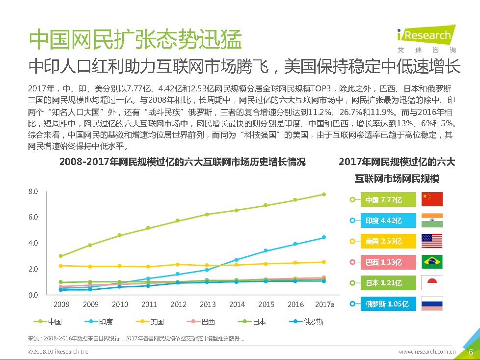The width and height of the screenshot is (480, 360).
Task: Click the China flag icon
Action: pyautogui.click(x=432, y=199)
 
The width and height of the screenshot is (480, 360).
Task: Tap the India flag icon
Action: pyautogui.click(x=432, y=220)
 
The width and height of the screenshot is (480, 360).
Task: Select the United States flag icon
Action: pyautogui.click(x=432, y=241)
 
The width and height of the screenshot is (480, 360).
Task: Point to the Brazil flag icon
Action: pyautogui.click(x=432, y=262)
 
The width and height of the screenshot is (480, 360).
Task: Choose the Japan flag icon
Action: pyautogui.click(x=432, y=282)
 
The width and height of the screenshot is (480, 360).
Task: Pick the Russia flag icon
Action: pyautogui.click(x=432, y=304)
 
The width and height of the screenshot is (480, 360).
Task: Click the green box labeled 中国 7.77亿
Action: pyautogui.click(x=391, y=200)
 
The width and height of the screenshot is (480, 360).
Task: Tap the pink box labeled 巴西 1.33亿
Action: pyautogui.click(x=391, y=262)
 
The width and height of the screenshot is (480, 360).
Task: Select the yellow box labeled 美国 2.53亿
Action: pyautogui.click(x=391, y=241)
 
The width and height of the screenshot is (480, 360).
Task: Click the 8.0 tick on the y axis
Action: pyautogui.click(x=33, y=191)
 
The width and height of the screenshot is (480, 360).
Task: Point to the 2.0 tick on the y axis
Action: pyautogui.click(x=33, y=269)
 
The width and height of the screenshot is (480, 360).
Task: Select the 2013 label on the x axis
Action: pyautogui.click(x=207, y=305)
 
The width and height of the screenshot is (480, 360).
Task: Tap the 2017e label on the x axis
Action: pyautogui.click(x=324, y=305)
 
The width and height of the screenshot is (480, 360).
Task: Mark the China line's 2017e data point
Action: pyautogui.click(x=324, y=194)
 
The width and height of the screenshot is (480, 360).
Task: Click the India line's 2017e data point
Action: pyautogui.click(x=324, y=237)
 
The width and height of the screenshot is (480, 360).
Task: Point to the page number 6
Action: pyautogui.click(x=471, y=352)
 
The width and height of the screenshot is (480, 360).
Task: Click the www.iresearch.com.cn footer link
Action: pyautogui.click(x=427, y=352)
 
